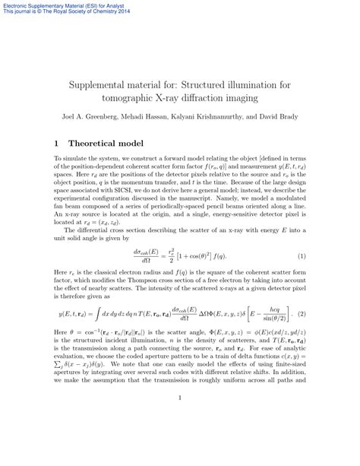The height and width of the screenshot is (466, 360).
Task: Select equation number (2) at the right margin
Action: [x=301, y=313]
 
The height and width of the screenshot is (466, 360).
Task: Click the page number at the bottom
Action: [x=179, y=418]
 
